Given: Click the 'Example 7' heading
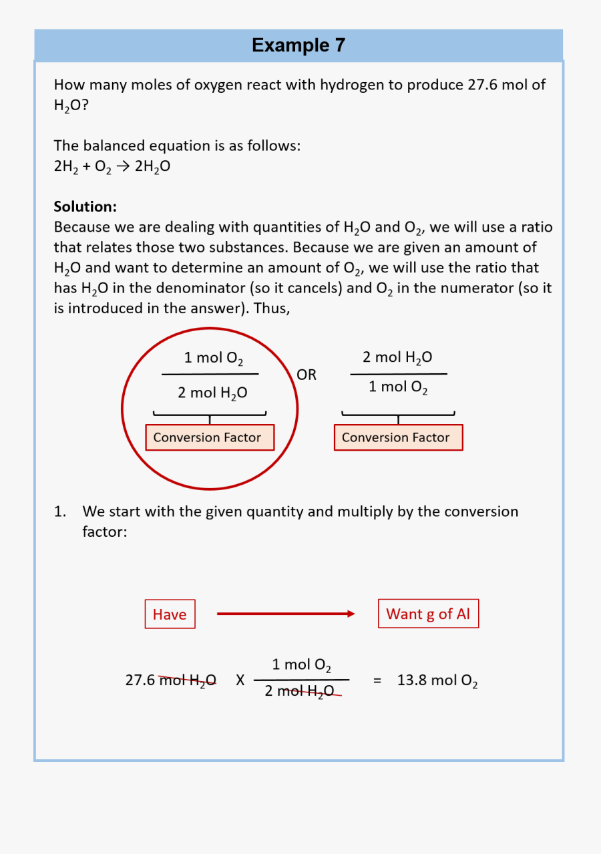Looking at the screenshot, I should click(x=298, y=45).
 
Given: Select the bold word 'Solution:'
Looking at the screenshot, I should click(x=85, y=206).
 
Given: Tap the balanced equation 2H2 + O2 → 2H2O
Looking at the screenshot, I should click(x=112, y=167).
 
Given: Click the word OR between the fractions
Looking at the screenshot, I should click(x=307, y=375).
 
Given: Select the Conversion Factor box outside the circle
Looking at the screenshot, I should click(x=398, y=437).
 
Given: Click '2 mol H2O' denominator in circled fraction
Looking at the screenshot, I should click(x=212, y=393).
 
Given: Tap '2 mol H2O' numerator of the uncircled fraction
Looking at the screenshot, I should click(x=397, y=358).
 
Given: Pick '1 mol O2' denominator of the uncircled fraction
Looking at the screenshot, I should click(x=398, y=387).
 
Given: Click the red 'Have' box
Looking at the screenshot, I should click(x=170, y=614).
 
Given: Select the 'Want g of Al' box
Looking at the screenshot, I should click(x=428, y=614).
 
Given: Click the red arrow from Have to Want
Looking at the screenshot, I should click(x=286, y=614).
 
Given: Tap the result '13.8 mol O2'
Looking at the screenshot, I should click(x=437, y=681).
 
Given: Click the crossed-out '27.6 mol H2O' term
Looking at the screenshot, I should click(x=170, y=680).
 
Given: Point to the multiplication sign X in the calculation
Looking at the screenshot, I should click(x=240, y=680).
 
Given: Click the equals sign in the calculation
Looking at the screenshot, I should click(x=377, y=680).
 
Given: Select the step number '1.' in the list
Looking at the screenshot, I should click(x=61, y=512).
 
